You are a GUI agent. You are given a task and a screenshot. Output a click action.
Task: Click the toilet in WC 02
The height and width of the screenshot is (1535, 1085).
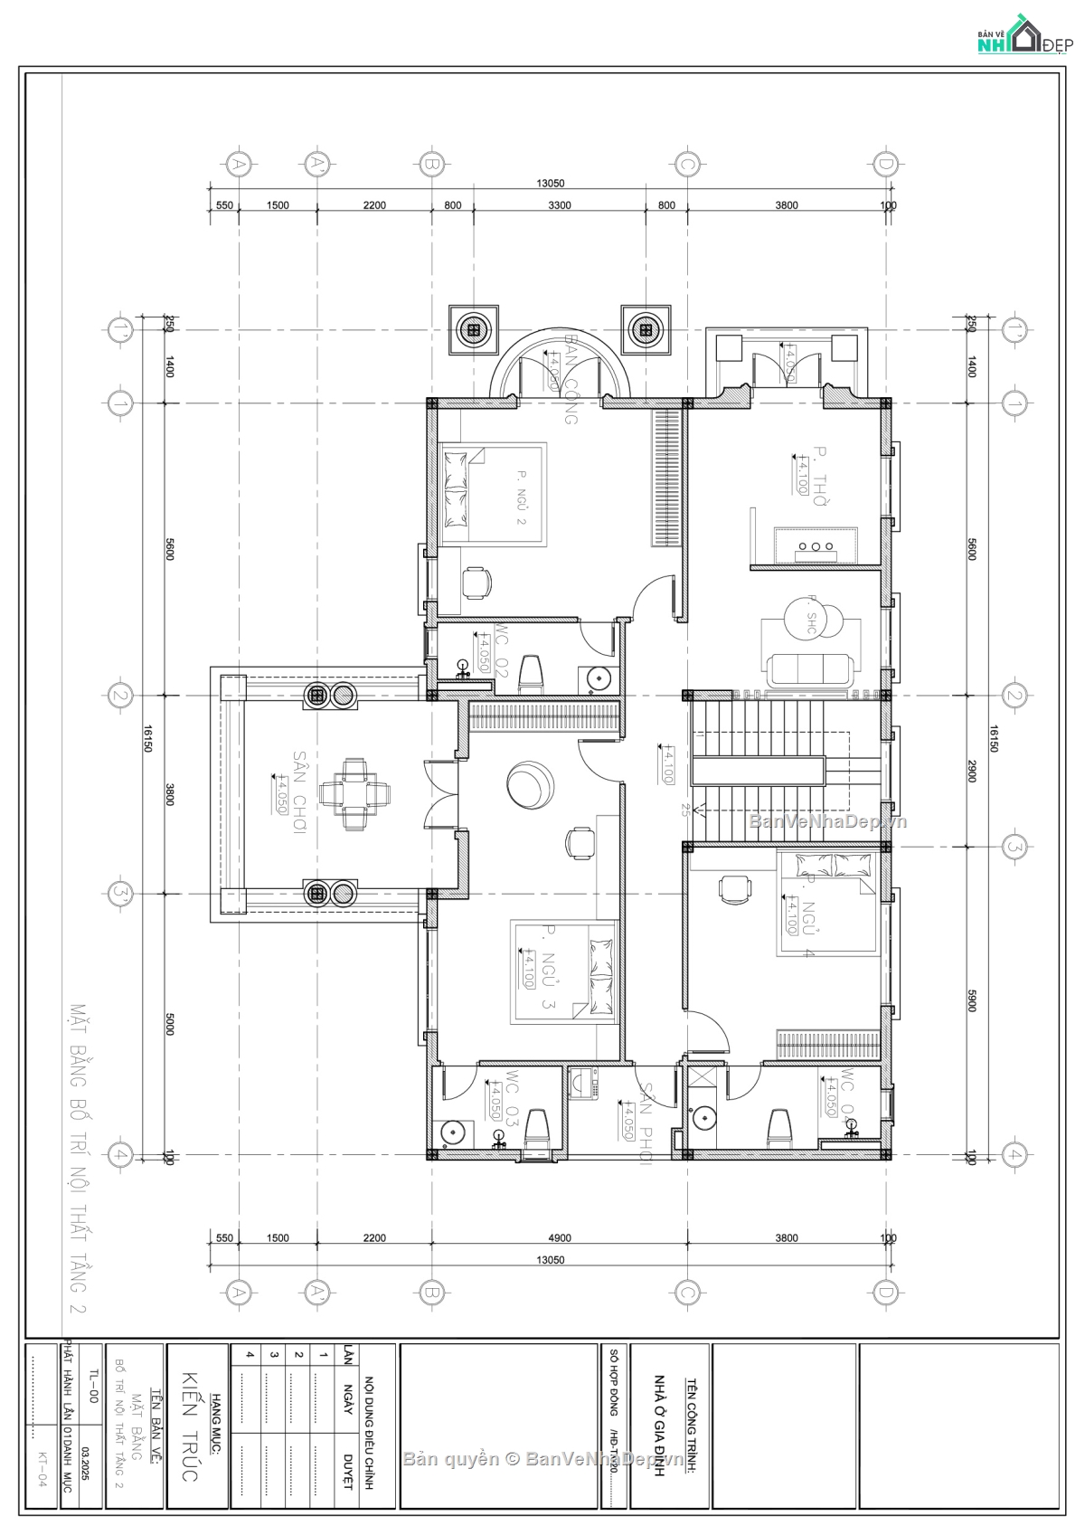[533, 675]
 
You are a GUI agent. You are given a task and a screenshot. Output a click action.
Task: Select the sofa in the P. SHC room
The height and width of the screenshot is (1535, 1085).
[810, 669]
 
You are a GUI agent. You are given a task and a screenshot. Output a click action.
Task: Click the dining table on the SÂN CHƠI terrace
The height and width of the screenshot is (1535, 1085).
[354, 794]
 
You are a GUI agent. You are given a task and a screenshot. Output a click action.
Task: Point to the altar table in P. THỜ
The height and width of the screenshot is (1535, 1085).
[816, 545]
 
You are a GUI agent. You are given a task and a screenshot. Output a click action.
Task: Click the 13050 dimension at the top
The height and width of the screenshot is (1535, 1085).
[550, 184]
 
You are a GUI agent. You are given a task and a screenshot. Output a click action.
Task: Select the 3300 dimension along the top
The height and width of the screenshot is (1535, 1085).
[560, 205]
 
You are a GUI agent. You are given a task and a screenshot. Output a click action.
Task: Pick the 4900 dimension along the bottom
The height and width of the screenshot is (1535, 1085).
[560, 1238]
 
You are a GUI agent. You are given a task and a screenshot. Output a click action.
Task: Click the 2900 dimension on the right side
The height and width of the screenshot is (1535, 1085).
[972, 771]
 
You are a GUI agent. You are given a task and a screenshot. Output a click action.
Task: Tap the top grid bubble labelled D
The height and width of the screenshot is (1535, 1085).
[885, 164]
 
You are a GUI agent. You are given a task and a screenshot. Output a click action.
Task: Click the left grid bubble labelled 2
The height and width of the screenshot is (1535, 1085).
[119, 696]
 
